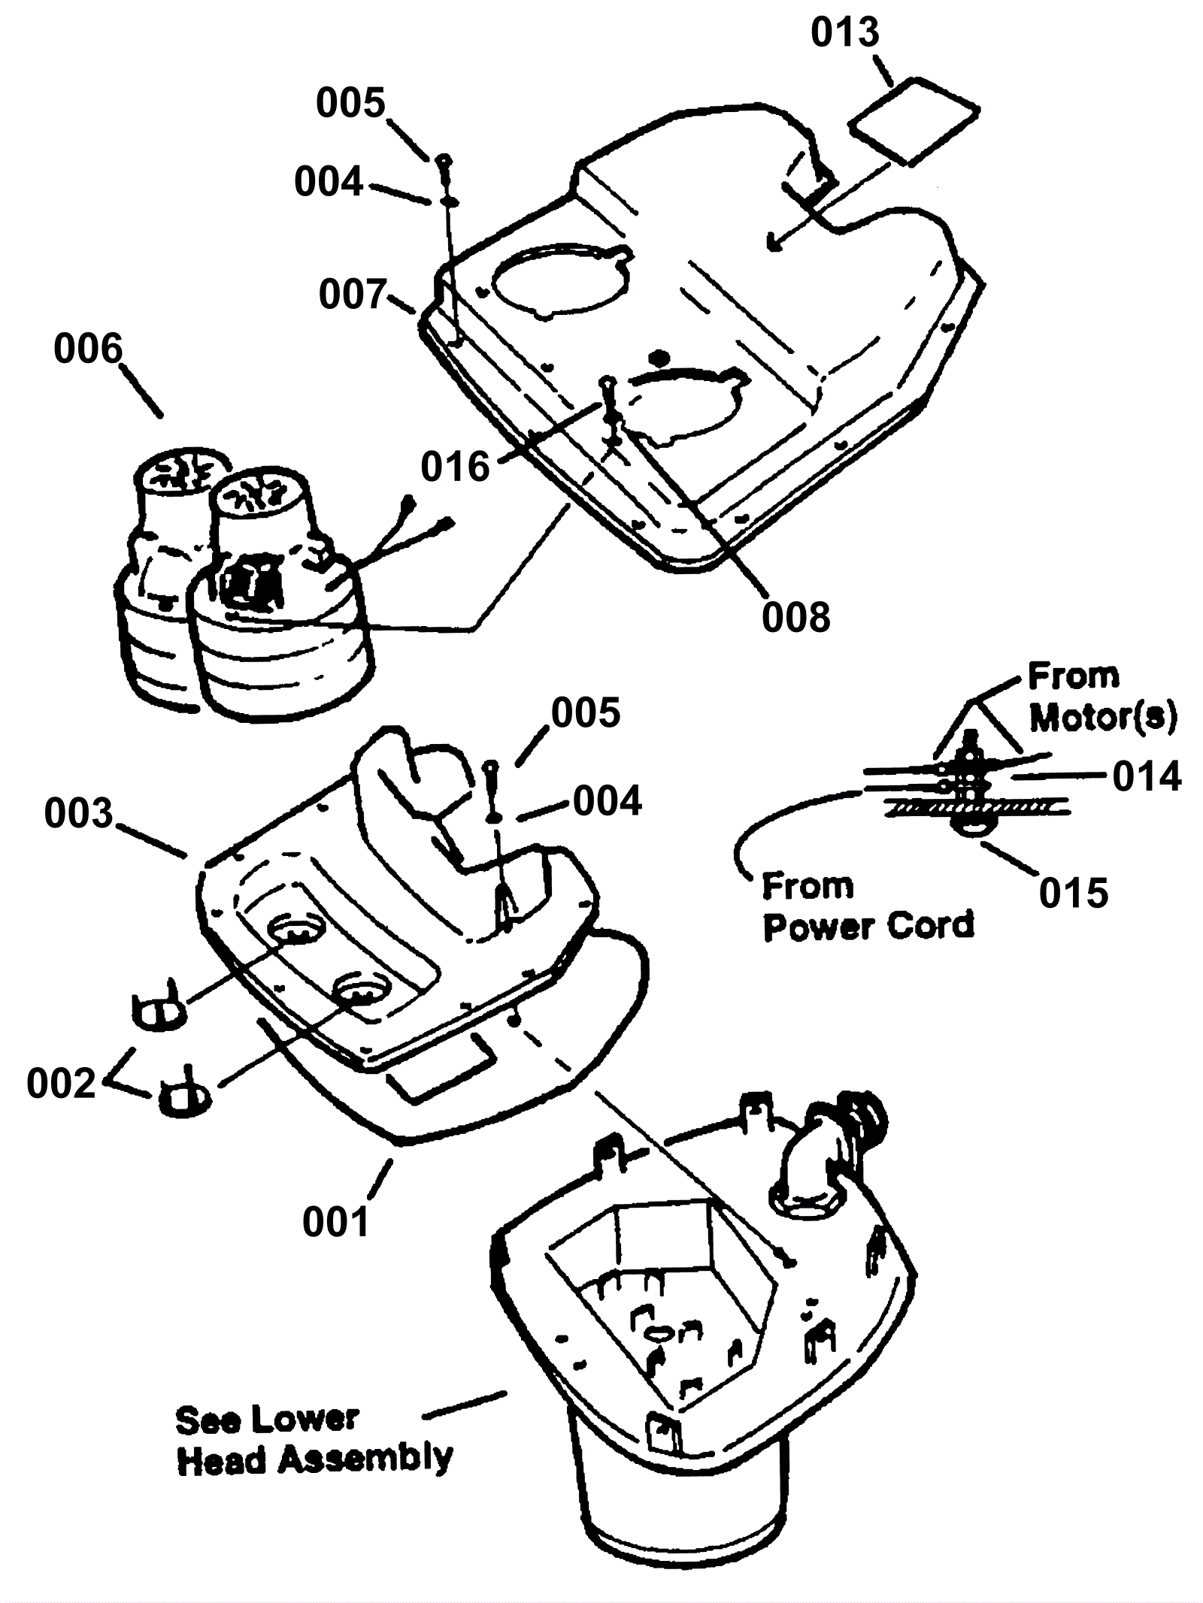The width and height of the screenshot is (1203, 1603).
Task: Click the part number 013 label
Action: (x=844, y=34)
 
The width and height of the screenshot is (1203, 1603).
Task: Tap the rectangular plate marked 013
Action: (x=914, y=120)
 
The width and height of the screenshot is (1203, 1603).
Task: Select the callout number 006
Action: (x=87, y=350)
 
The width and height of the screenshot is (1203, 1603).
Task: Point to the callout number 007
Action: (x=353, y=295)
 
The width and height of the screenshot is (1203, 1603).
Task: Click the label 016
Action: (x=455, y=467)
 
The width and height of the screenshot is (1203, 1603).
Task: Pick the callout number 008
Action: (x=795, y=618)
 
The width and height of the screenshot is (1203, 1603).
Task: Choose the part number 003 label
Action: (x=78, y=814)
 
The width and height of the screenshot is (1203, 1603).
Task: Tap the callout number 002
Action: (x=61, y=1084)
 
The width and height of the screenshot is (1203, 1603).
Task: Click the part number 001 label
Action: (x=336, y=1222)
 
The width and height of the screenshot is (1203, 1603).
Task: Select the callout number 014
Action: (x=1147, y=776)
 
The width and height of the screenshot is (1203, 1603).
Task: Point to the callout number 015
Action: (x=1073, y=894)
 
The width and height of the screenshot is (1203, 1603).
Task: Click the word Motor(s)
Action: (x=1102, y=718)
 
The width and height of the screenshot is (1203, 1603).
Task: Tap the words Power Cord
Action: (x=868, y=925)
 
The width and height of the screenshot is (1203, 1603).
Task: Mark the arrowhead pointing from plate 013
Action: (x=773, y=243)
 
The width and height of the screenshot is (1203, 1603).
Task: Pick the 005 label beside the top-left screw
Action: (x=350, y=103)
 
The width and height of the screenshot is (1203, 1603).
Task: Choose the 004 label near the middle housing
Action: (x=608, y=802)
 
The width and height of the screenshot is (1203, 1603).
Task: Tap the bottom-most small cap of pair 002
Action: (x=183, y=1099)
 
